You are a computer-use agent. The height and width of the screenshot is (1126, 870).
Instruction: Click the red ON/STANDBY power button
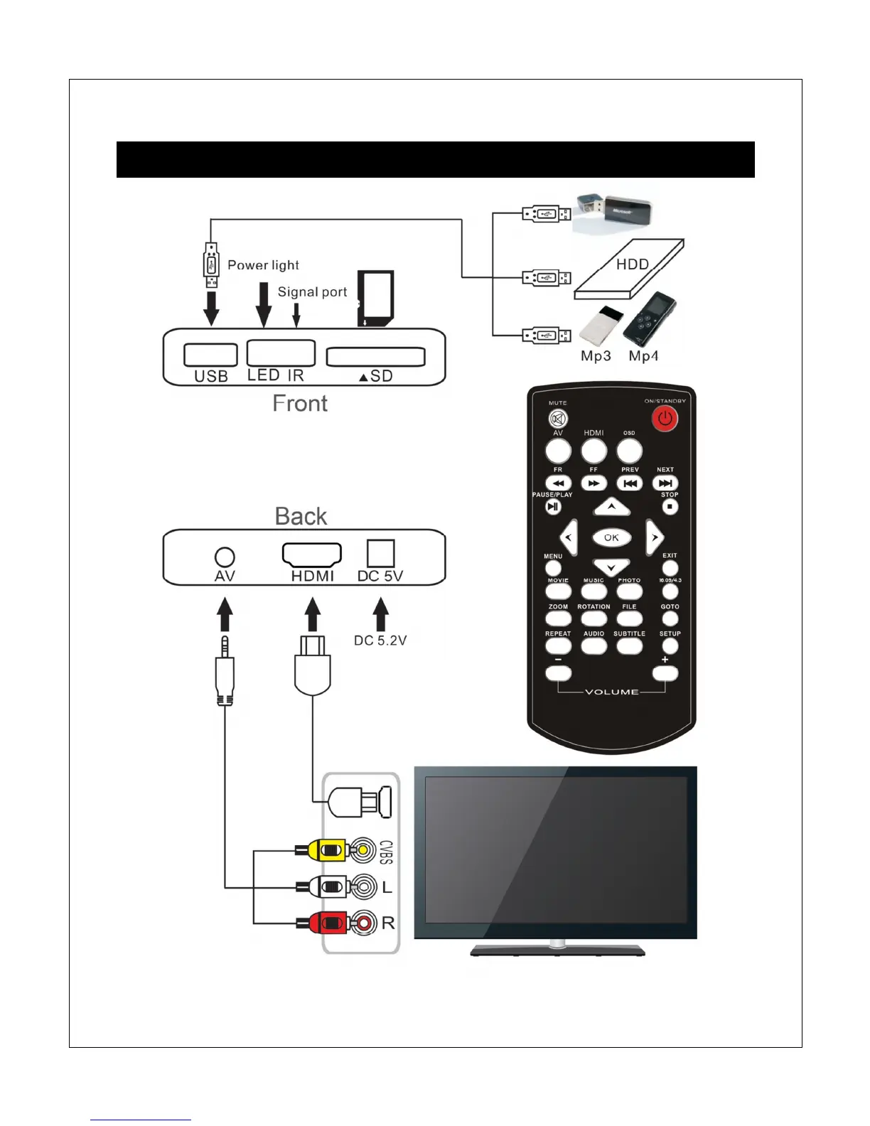(x=665, y=419)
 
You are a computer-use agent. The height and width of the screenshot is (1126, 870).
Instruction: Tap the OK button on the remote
(x=611, y=537)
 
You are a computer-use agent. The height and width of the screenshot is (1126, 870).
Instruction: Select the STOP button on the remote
(x=670, y=507)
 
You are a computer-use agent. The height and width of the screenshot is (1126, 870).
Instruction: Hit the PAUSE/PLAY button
(x=553, y=507)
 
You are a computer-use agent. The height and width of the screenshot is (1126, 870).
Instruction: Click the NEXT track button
(x=665, y=483)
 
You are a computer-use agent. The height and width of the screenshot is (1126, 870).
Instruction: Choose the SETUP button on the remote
(x=670, y=646)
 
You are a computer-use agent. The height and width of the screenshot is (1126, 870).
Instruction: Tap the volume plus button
(x=665, y=673)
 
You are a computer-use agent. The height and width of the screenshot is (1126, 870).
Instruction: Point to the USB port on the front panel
(x=210, y=355)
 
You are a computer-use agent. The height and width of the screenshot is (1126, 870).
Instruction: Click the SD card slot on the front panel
(x=375, y=356)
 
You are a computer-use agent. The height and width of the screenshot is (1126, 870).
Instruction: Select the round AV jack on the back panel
(x=225, y=557)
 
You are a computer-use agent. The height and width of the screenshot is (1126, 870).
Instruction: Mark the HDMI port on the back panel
(x=312, y=554)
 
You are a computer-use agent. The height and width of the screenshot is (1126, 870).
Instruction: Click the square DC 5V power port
(x=380, y=553)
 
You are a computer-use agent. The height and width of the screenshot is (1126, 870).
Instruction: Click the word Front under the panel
(x=300, y=404)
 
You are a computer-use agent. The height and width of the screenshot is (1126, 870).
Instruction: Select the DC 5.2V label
(x=380, y=640)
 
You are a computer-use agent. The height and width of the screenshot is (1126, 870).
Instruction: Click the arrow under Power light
(x=264, y=304)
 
